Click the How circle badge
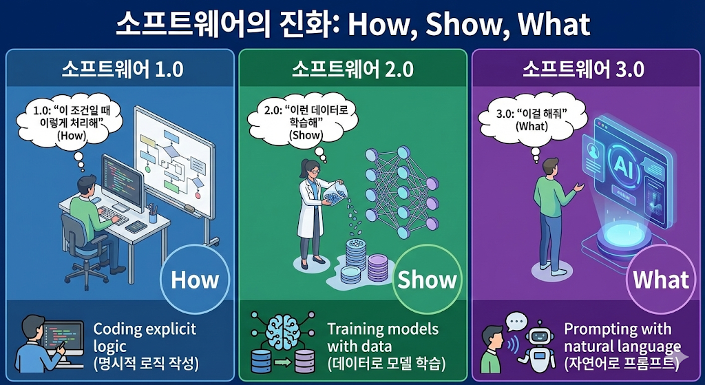[194, 280]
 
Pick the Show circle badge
[427, 280]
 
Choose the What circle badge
[660, 280]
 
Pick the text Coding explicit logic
[145, 337]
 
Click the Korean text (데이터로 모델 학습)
[386, 363]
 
